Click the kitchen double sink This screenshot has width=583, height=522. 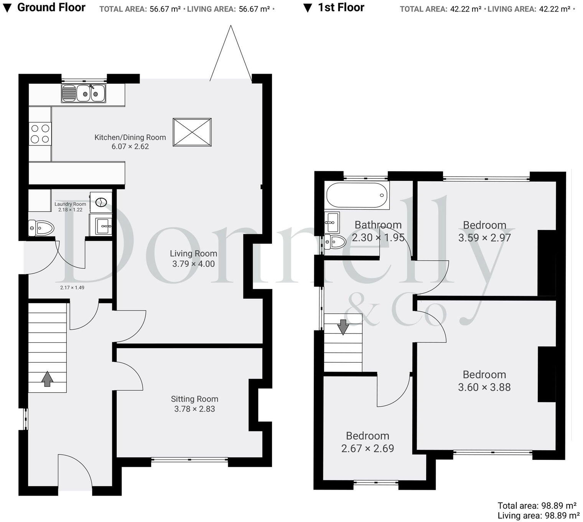click(x=84, y=93)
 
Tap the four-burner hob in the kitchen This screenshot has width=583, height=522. click(x=40, y=134)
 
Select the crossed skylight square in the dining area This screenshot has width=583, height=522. click(x=192, y=132)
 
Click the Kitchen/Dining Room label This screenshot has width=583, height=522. click(x=130, y=137)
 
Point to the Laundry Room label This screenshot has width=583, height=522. click(x=70, y=204)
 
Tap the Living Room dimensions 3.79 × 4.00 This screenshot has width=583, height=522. click(x=193, y=264)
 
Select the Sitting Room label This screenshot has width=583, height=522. click(x=194, y=399)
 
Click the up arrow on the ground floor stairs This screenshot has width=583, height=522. click(x=47, y=378)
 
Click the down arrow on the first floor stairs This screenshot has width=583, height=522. click(x=343, y=327)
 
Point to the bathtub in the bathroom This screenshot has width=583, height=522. click(x=356, y=195)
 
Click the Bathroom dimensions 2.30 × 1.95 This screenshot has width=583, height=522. click(x=378, y=238)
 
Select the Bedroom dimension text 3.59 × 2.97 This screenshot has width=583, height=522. click(x=484, y=238)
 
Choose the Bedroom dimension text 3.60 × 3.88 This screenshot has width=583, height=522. click(x=484, y=387)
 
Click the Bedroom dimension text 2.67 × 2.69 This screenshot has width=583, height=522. click(x=367, y=449)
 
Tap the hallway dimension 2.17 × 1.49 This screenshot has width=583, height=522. click(x=72, y=287)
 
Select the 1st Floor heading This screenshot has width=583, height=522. click(x=341, y=7)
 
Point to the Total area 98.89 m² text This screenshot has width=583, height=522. click(x=538, y=505)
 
